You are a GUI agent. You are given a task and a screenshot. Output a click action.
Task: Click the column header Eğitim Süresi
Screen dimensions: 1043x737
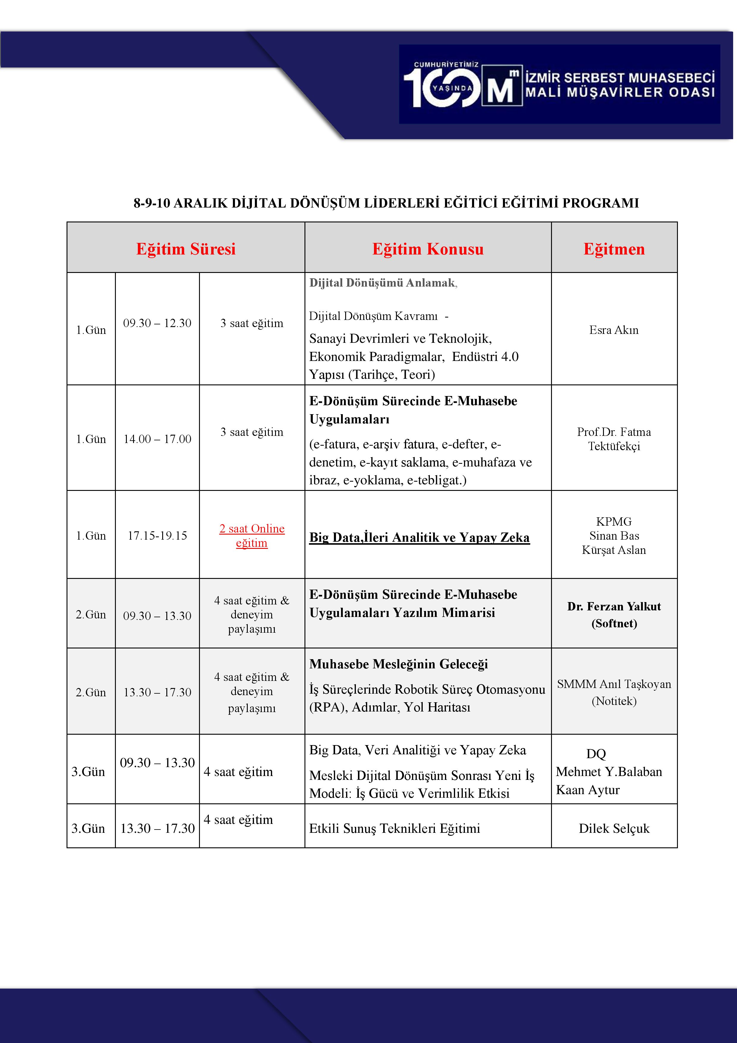coord(186,249)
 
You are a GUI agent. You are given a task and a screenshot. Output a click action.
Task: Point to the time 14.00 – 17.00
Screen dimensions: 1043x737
coord(157,439)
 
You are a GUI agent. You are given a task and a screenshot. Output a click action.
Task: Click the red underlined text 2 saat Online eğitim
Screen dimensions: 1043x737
coord(252,535)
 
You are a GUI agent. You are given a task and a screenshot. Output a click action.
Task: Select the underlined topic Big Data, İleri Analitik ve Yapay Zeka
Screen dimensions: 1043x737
coord(419,537)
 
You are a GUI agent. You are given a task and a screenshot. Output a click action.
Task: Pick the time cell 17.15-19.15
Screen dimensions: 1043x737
coord(157,535)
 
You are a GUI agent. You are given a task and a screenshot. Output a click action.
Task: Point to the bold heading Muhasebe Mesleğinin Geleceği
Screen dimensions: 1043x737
coord(398,664)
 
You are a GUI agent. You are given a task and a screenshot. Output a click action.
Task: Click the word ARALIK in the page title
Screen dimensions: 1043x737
coord(200,203)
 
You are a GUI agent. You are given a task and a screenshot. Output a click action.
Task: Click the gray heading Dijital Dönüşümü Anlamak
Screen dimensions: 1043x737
coord(382,283)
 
